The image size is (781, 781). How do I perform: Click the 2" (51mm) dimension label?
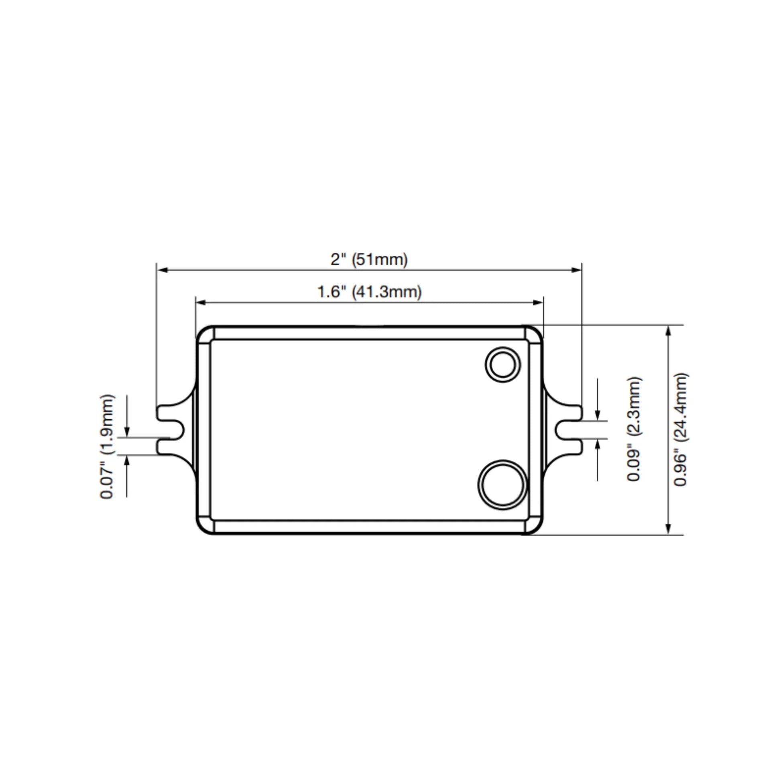(369, 260)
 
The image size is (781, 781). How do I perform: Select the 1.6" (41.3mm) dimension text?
(369, 292)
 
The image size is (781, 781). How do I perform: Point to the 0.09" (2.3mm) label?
(634, 429)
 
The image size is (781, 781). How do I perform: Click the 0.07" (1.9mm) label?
(107, 446)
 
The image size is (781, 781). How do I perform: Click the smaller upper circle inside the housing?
(502, 365)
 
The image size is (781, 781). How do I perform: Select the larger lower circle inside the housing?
(502, 485)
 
